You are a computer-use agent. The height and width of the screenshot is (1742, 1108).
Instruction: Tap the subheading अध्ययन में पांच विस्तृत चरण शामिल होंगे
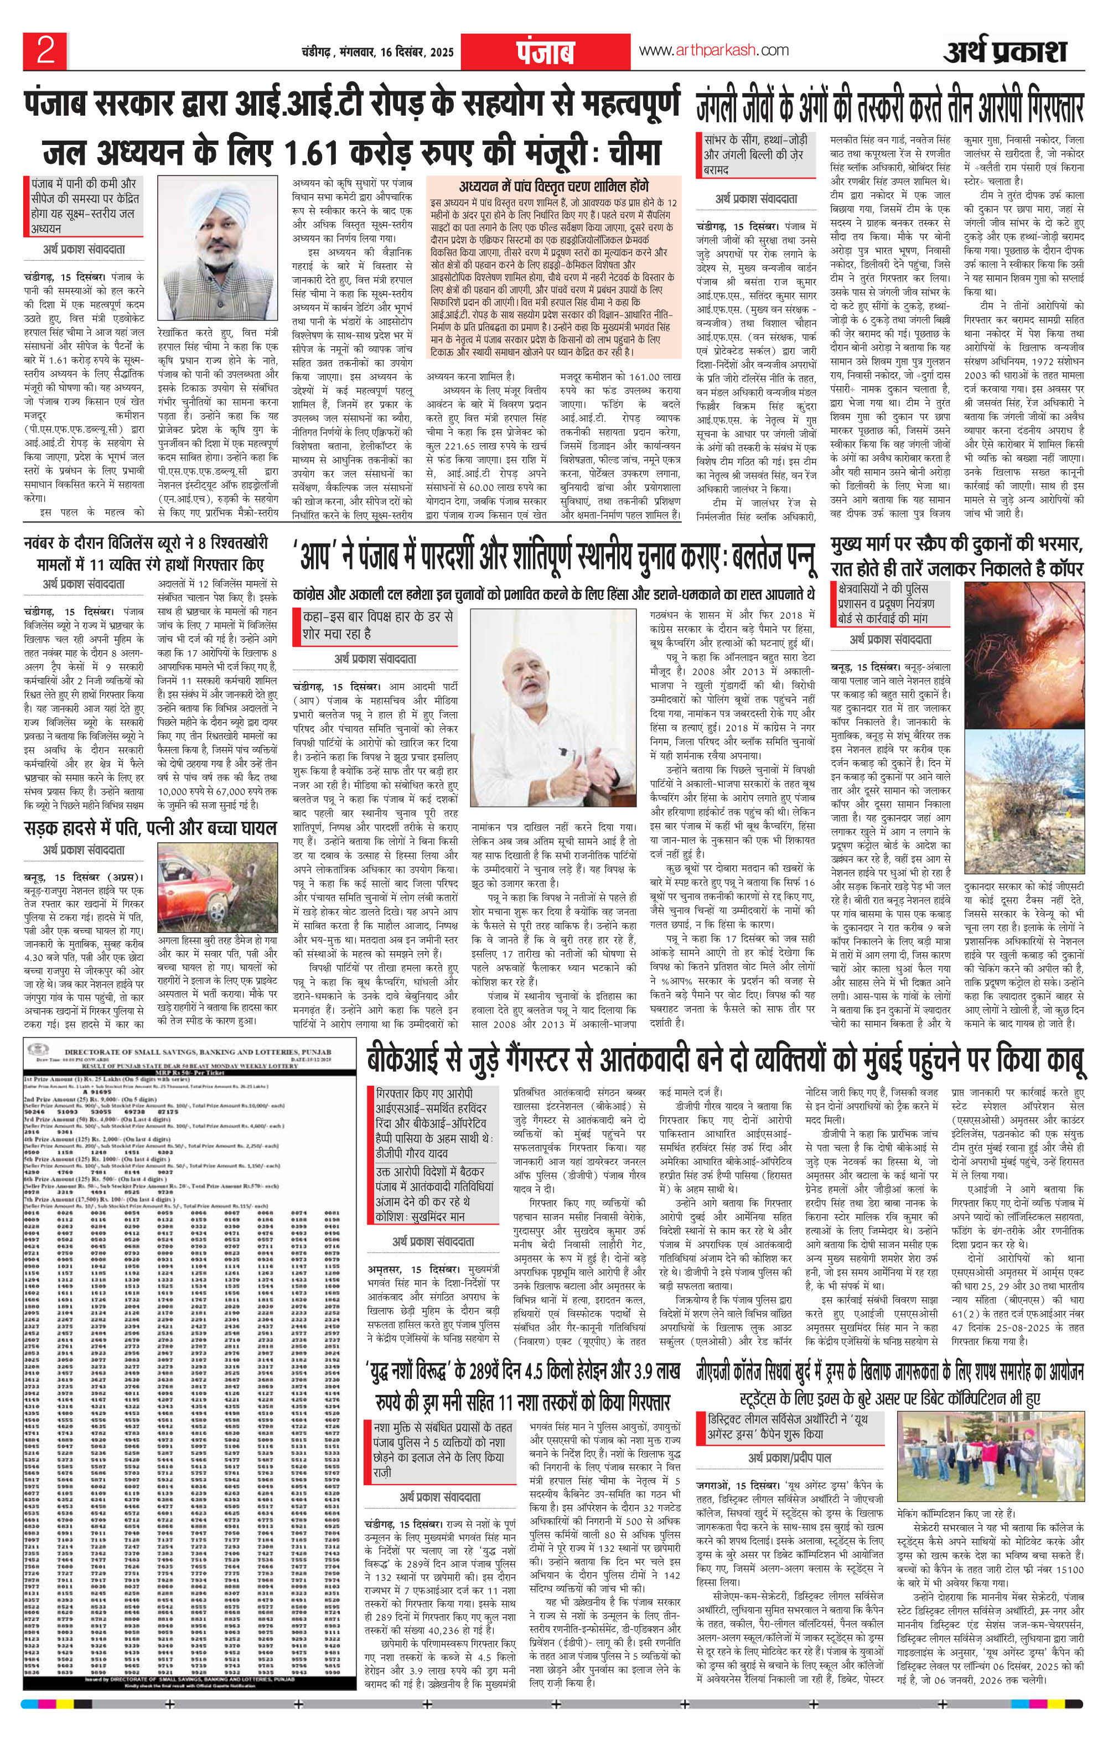[555, 184]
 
